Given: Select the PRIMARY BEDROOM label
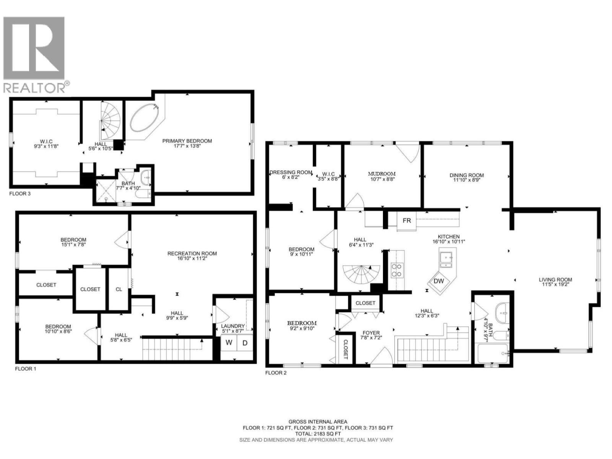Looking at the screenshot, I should coord(187,141).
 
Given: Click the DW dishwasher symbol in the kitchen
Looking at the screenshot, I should coord(439,281).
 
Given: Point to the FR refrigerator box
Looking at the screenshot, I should coord(407,221).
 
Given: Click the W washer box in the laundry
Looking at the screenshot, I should coord(229,343).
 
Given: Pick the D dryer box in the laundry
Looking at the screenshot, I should coord(245,343).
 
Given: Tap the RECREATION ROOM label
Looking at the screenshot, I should coord(192,253).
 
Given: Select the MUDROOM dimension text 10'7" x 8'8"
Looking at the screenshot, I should coord(382,179).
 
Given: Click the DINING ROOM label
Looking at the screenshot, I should coord(467,175).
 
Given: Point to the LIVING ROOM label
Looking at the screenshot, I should coord(555,280).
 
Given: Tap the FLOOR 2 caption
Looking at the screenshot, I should coord(276,373).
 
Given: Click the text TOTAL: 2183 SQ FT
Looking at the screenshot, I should coord(318,434).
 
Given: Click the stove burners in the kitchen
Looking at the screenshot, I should coord(397,270).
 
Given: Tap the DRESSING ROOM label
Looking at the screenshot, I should coord(291,172).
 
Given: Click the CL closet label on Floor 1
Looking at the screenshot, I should coord(119,289).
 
